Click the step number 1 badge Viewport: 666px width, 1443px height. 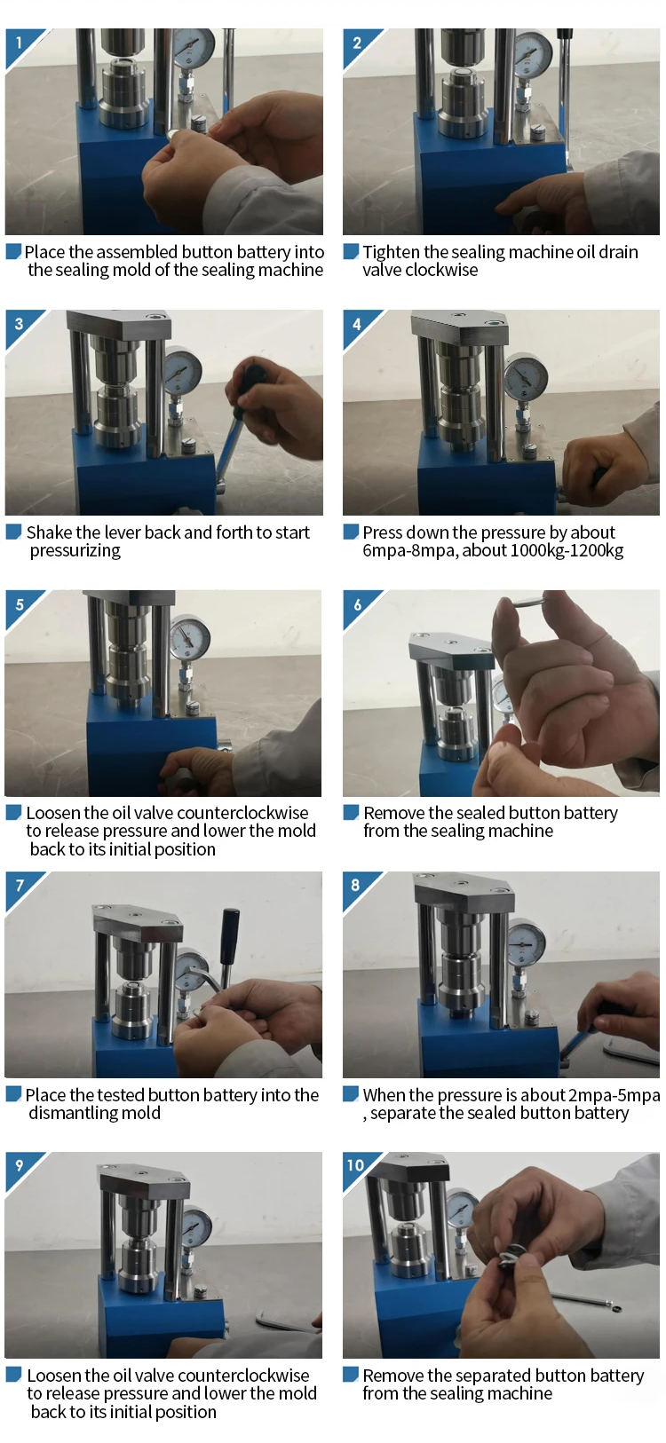click(x=19, y=43)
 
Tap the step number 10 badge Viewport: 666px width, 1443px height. click(x=356, y=1165)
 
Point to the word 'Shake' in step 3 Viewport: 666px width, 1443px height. click(x=48, y=532)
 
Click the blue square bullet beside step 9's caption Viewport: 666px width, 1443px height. click(x=14, y=1375)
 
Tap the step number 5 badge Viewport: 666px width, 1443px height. click(x=19, y=605)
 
